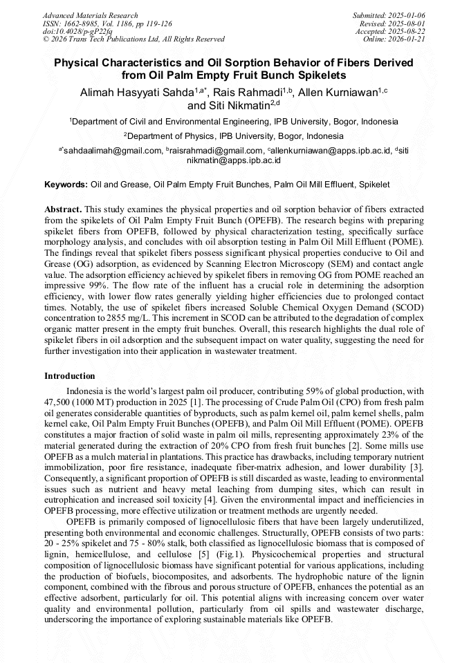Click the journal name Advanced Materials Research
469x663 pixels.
tap(90, 15)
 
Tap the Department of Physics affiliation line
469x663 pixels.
tap(234, 136)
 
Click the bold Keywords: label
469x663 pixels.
tap(66, 185)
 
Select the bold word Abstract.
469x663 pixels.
tap(63, 209)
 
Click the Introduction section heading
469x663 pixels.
tap(70, 376)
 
